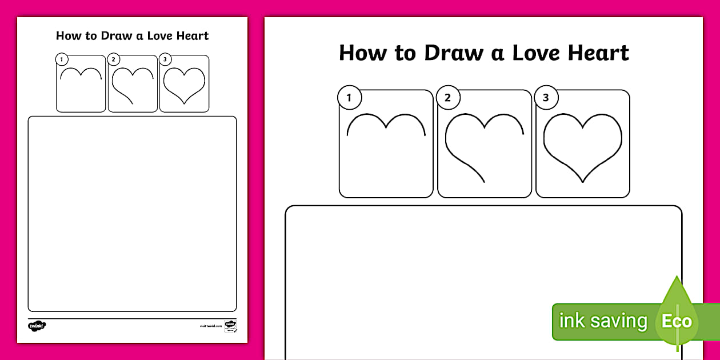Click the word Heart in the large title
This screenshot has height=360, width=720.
598,53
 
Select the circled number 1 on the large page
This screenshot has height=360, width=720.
349,98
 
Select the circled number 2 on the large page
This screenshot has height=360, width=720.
447,98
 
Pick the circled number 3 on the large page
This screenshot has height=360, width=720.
546,98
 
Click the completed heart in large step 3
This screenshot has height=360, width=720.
582,146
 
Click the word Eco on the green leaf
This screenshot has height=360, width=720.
677,321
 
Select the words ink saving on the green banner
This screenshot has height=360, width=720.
603,321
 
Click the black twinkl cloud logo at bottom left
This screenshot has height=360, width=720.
37,326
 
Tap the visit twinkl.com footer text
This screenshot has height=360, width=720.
211,326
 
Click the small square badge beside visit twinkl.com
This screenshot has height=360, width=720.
230,326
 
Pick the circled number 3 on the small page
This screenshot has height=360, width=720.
165,59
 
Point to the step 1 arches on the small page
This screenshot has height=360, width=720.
81,73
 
